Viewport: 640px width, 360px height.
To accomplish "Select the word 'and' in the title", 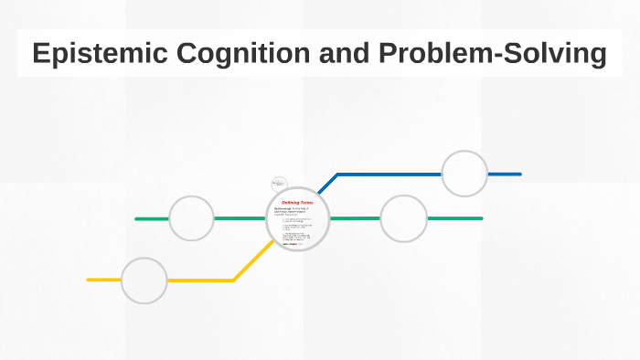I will (x=340, y=53).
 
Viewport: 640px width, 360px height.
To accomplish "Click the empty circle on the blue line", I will (x=464, y=174).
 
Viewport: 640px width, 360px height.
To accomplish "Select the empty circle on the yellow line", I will (x=144, y=281).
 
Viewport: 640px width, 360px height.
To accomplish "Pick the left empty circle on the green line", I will (x=192, y=218).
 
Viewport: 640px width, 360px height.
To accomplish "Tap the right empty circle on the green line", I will (x=403, y=218).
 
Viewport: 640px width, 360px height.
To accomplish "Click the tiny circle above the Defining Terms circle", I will (x=280, y=184).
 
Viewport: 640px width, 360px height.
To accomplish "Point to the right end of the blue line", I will (x=519, y=174).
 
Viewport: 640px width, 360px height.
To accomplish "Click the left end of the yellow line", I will (x=89, y=280).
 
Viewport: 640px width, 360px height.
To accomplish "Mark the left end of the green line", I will (x=136, y=218).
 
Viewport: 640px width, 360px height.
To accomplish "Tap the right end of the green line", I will (x=481, y=218).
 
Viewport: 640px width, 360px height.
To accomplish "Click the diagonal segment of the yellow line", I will (x=253, y=260).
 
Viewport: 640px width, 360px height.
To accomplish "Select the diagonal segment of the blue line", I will (x=326, y=184).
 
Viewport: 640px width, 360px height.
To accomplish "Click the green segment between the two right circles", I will (x=354, y=218).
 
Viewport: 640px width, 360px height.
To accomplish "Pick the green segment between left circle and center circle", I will (x=240, y=218).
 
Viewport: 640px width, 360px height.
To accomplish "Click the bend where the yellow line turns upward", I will (x=234, y=280).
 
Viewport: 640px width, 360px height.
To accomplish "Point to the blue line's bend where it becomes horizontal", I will (x=337, y=174).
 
